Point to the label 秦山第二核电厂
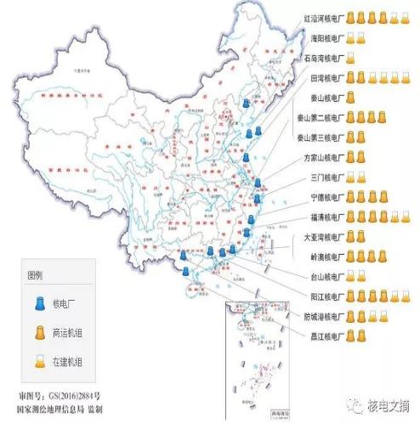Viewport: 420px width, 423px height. click(321, 118)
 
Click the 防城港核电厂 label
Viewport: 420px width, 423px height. click(324, 316)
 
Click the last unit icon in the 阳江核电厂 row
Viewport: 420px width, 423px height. click(406, 296)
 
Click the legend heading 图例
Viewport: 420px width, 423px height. click(37, 276)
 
